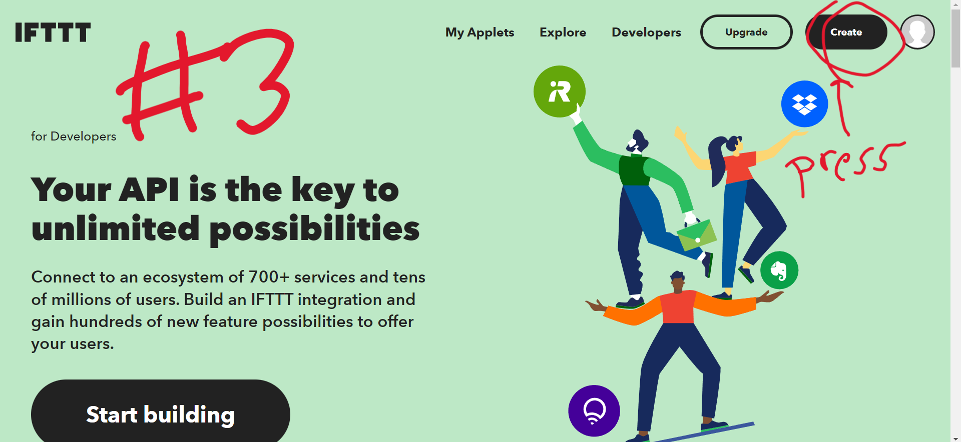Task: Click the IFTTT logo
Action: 53,32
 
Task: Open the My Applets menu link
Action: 479,32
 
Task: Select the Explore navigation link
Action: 563,32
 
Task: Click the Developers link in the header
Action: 646,32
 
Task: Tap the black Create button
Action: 846,32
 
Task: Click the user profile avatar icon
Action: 917,32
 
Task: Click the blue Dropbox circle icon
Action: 804,104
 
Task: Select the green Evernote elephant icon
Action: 779,270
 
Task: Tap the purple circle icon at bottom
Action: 594,411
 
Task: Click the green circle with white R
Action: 560,91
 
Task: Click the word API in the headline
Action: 149,190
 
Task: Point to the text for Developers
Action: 74,136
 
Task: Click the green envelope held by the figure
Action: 696,234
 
